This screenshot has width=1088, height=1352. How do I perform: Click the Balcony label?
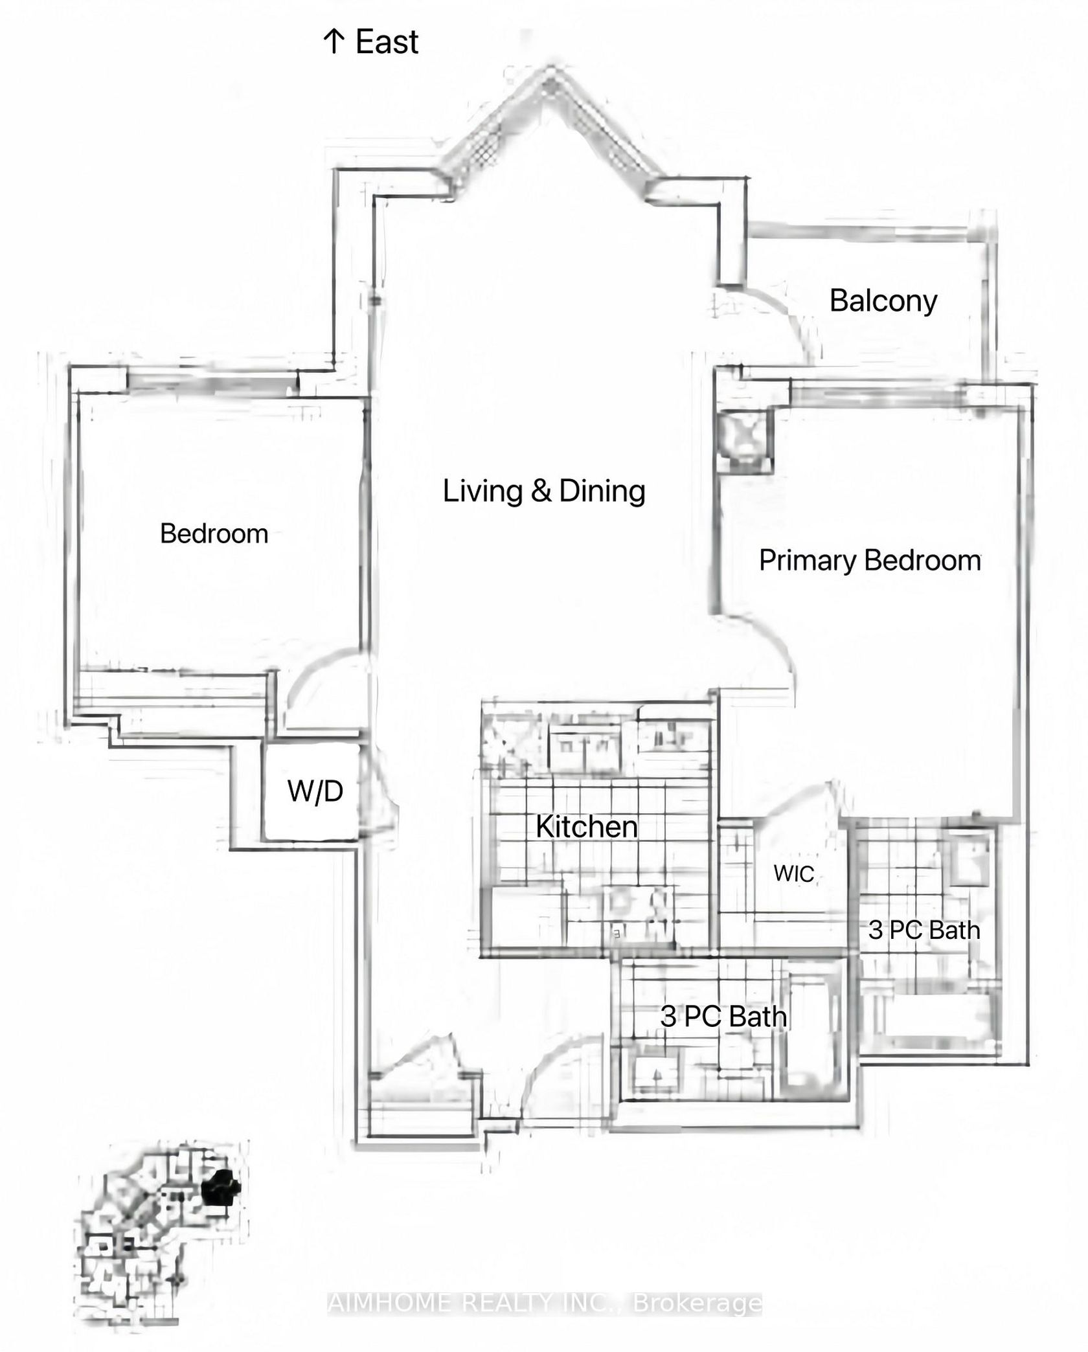[x=883, y=301]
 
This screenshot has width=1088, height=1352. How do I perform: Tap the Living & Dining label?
[x=544, y=490]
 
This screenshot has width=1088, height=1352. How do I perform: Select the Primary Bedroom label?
[x=870, y=560]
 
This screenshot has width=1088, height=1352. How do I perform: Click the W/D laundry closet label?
[x=315, y=791]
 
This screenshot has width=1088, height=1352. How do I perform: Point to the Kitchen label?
[x=587, y=827]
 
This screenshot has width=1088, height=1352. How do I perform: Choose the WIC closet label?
[x=793, y=873]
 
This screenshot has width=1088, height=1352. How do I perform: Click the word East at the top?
[x=387, y=42]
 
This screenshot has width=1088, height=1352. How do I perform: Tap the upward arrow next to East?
[x=334, y=42]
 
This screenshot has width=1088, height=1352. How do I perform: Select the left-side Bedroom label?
[x=214, y=534]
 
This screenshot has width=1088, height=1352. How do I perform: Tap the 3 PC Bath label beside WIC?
[x=924, y=930]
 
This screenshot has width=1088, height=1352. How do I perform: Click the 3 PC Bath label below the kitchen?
[x=723, y=1017]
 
